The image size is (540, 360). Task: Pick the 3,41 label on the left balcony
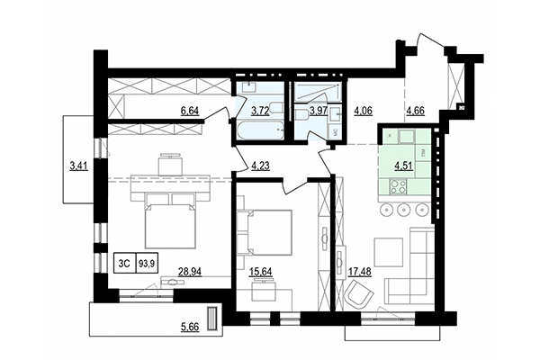tap(79, 165)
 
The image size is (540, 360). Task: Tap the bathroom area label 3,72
tap(260, 111)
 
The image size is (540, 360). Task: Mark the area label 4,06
tap(364, 112)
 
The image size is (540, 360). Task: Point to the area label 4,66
tap(417, 112)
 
